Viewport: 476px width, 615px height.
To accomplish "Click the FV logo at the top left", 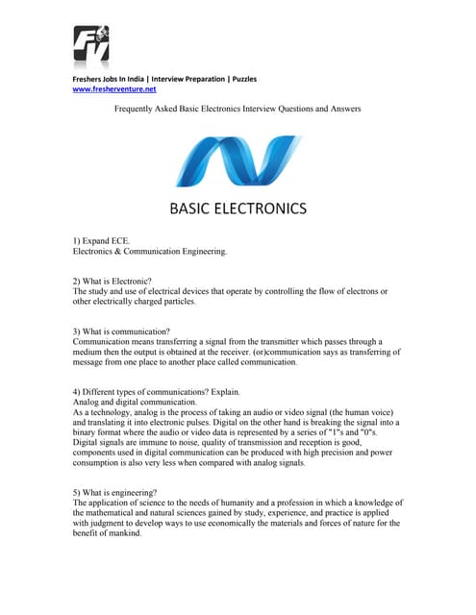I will pos(92,45).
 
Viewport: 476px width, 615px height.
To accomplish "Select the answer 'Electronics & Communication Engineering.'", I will pos(150,252).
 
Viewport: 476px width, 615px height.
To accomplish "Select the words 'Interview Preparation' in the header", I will pos(185,79).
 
